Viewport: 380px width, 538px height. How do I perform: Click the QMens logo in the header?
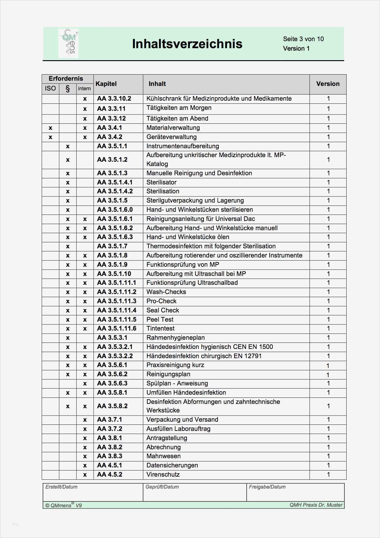[68, 43]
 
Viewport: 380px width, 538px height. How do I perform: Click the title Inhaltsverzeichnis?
[187, 44]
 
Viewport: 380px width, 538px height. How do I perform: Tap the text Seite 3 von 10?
[303, 39]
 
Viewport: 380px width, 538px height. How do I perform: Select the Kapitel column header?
[106, 84]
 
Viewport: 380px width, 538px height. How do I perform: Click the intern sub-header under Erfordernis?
[84, 89]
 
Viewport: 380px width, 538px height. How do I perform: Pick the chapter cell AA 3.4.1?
[109, 128]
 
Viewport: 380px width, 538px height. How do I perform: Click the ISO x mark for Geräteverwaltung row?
[50, 137]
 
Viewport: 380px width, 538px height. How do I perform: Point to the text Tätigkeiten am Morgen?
[179, 108]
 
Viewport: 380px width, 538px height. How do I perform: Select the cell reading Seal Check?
[162, 310]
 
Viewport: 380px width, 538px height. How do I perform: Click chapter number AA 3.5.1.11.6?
[116, 328]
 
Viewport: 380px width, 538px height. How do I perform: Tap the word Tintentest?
[160, 328]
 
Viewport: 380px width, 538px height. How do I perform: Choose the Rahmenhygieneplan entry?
[175, 338]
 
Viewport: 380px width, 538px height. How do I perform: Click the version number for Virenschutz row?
[328, 474]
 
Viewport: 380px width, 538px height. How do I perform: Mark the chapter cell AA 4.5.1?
[109, 465]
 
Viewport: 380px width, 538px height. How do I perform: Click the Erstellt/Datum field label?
[61, 487]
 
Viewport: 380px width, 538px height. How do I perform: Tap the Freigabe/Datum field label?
[267, 487]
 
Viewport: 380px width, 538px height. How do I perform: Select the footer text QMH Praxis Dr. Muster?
[316, 505]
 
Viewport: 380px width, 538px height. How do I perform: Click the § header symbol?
[67, 89]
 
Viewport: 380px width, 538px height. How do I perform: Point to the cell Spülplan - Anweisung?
[177, 383]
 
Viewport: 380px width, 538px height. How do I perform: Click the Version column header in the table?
[328, 84]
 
